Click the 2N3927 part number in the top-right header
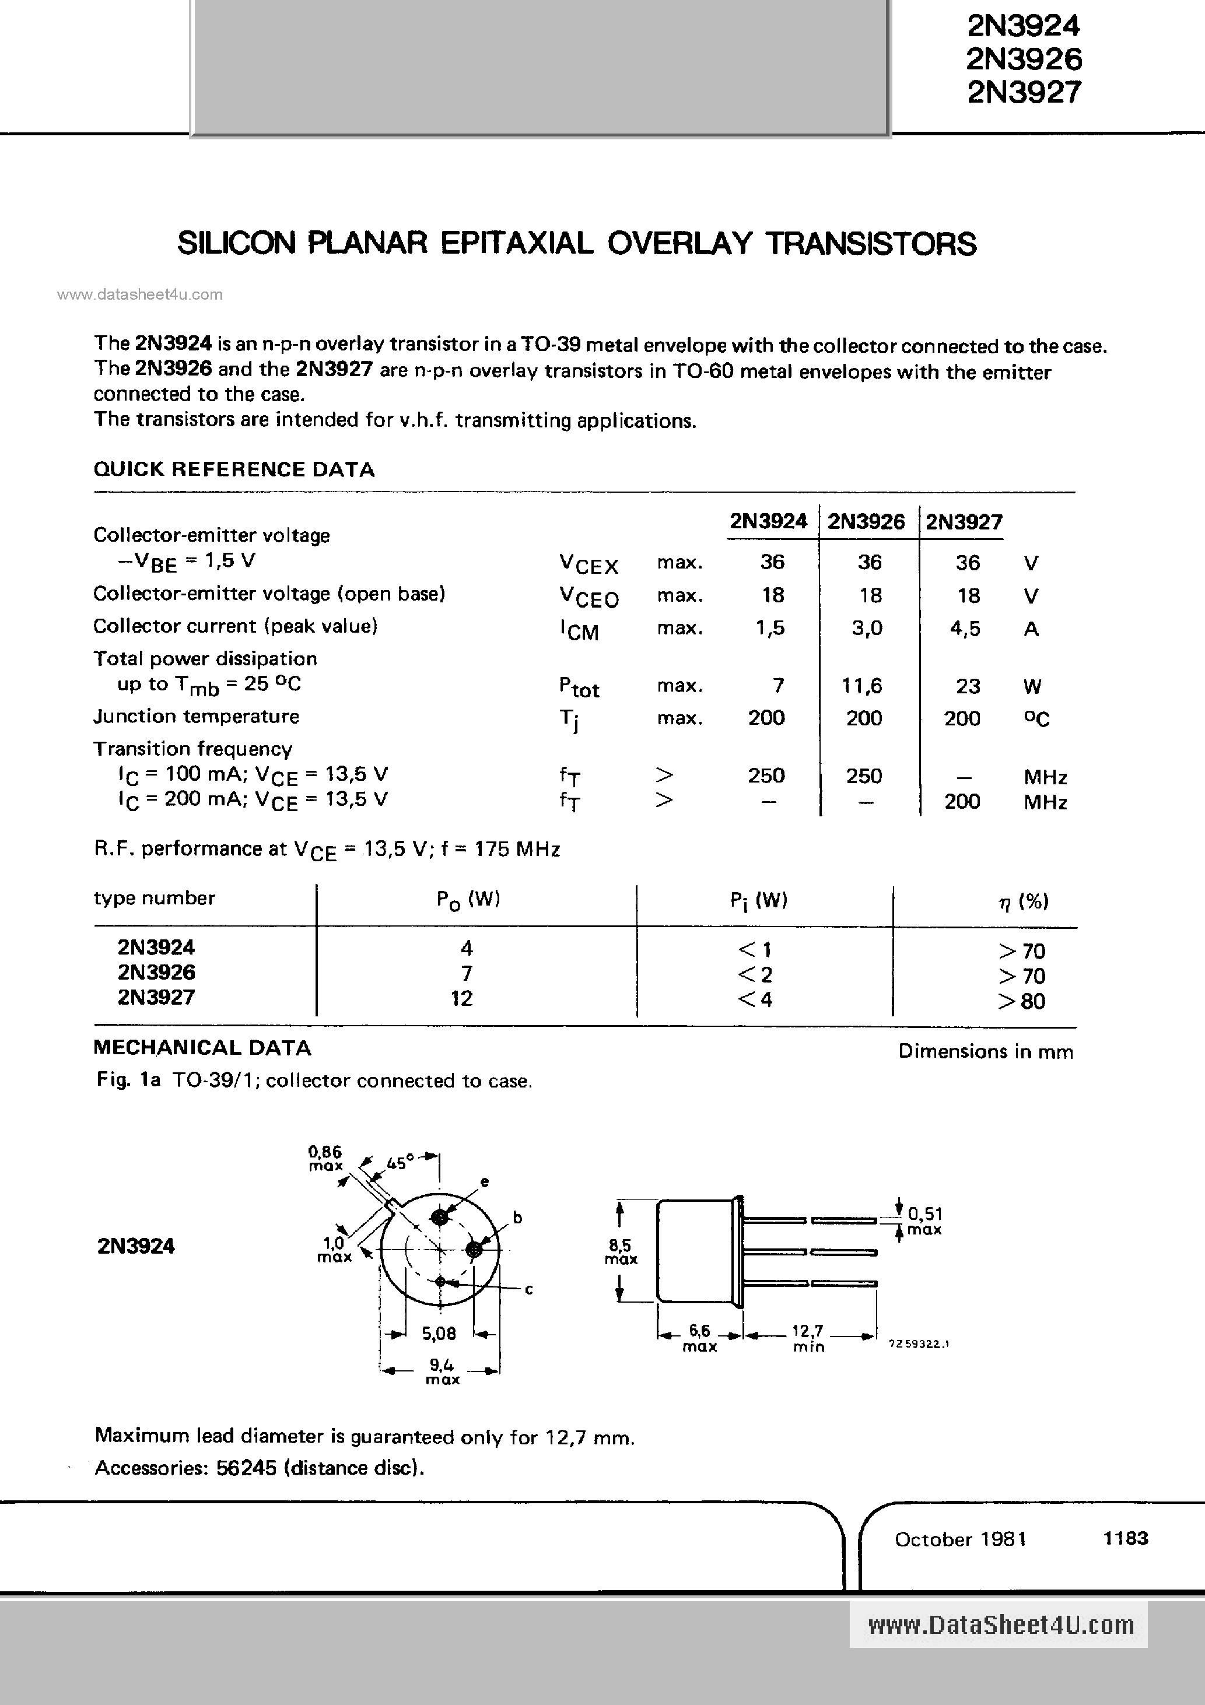pos(1024,92)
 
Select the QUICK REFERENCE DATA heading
pos(234,469)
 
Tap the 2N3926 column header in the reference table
pos(866,521)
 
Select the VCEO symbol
pos(589,597)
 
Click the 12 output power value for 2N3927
pos(461,998)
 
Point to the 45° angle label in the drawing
pos(399,1163)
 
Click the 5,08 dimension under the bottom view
pos(439,1334)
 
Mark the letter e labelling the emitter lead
pos(484,1181)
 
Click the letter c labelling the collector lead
pos(529,1290)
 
